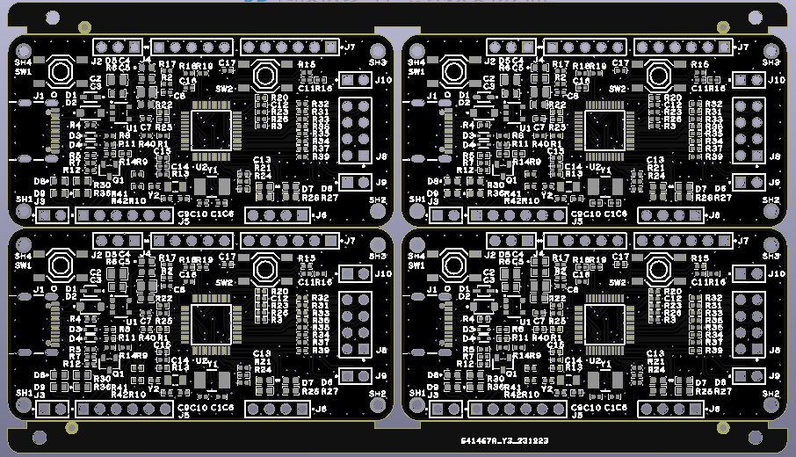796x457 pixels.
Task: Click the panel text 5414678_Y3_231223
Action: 504,440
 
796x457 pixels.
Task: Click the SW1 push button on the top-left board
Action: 60,70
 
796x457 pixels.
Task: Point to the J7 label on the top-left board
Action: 349,47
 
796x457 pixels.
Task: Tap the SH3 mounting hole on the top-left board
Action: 379,50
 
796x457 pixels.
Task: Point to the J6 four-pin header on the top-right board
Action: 671,214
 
